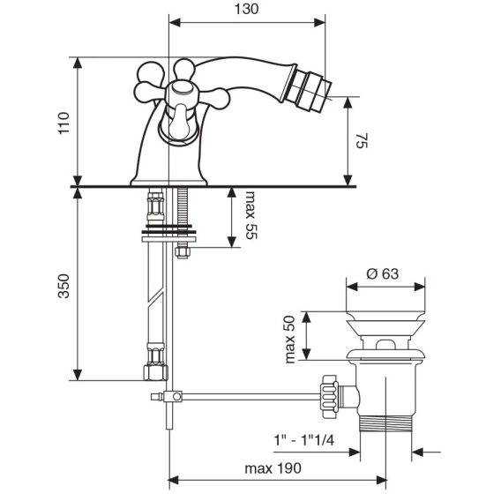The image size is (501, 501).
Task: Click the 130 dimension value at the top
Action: [x=246, y=9]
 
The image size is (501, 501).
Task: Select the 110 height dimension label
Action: [x=64, y=123]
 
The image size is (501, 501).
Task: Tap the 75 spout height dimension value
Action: [x=363, y=140]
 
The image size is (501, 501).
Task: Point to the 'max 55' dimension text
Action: [x=250, y=215]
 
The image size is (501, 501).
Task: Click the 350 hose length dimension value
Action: [x=64, y=286]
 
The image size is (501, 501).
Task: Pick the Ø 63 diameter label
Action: [x=383, y=273]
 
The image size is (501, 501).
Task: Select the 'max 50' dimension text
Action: [x=290, y=340]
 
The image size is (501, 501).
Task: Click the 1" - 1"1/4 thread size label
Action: [x=304, y=440]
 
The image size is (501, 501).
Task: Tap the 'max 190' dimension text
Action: [x=273, y=468]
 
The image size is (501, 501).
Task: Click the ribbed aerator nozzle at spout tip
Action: [x=311, y=92]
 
